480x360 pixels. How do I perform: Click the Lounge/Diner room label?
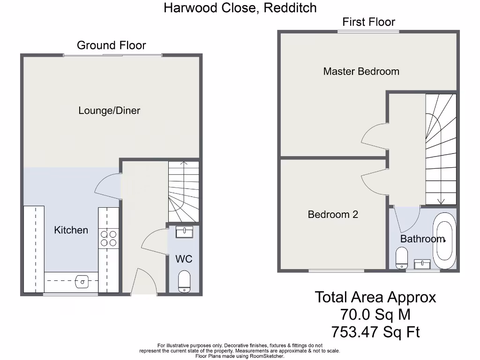[x=109, y=111]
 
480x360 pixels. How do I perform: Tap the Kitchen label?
[x=71, y=230]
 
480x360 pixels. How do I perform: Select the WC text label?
[x=184, y=259]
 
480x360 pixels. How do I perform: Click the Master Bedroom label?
[x=361, y=71]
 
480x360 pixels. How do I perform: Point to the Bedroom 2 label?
[x=333, y=214]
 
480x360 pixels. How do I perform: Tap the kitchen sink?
[x=82, y=281]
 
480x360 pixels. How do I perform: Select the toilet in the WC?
[x=184, y=281]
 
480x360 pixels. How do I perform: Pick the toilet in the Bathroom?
[x=402, y=257]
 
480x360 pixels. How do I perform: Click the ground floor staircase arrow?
[x=184, y=164]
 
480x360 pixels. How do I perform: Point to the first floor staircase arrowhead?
[x=441, y=202]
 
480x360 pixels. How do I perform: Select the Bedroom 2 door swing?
[x=374, y=182]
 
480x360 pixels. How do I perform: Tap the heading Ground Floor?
[x=111, y=45]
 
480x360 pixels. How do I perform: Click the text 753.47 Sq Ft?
[x=375, y=332]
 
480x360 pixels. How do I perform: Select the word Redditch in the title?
[x=290, y=8]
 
